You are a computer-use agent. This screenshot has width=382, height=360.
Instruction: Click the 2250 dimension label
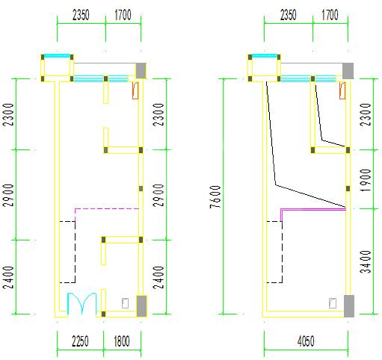pos(80,341)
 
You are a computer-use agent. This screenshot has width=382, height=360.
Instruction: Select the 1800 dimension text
pos(122,341)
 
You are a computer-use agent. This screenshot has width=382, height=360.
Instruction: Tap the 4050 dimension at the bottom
pos(306,341)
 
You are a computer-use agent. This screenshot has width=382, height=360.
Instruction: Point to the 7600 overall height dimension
pos(215,196)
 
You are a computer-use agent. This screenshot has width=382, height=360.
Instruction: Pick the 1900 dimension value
pos(366,180)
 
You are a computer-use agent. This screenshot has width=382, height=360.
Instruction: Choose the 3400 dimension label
pos(366,262)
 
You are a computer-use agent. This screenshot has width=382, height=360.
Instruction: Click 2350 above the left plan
pos(81,15)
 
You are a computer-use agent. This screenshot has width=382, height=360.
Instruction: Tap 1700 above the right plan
pos(330,15)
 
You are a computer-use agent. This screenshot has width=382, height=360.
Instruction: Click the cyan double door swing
pos(82,302)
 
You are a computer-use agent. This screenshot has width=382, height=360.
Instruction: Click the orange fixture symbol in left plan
pos(135,90)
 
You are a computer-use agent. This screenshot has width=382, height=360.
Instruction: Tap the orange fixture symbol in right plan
pos(342,90)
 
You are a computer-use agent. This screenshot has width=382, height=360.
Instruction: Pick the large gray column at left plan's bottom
pos(141,306)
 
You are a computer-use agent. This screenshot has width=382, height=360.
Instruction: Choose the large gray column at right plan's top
pos(348,71)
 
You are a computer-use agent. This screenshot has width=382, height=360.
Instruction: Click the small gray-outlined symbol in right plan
pos(333,303)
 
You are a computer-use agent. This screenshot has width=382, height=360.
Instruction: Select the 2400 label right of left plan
pos(158,277)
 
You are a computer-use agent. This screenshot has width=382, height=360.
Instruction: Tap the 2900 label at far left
pos(8,195)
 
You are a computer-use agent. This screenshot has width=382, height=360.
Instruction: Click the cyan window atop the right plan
pos(265,55)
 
